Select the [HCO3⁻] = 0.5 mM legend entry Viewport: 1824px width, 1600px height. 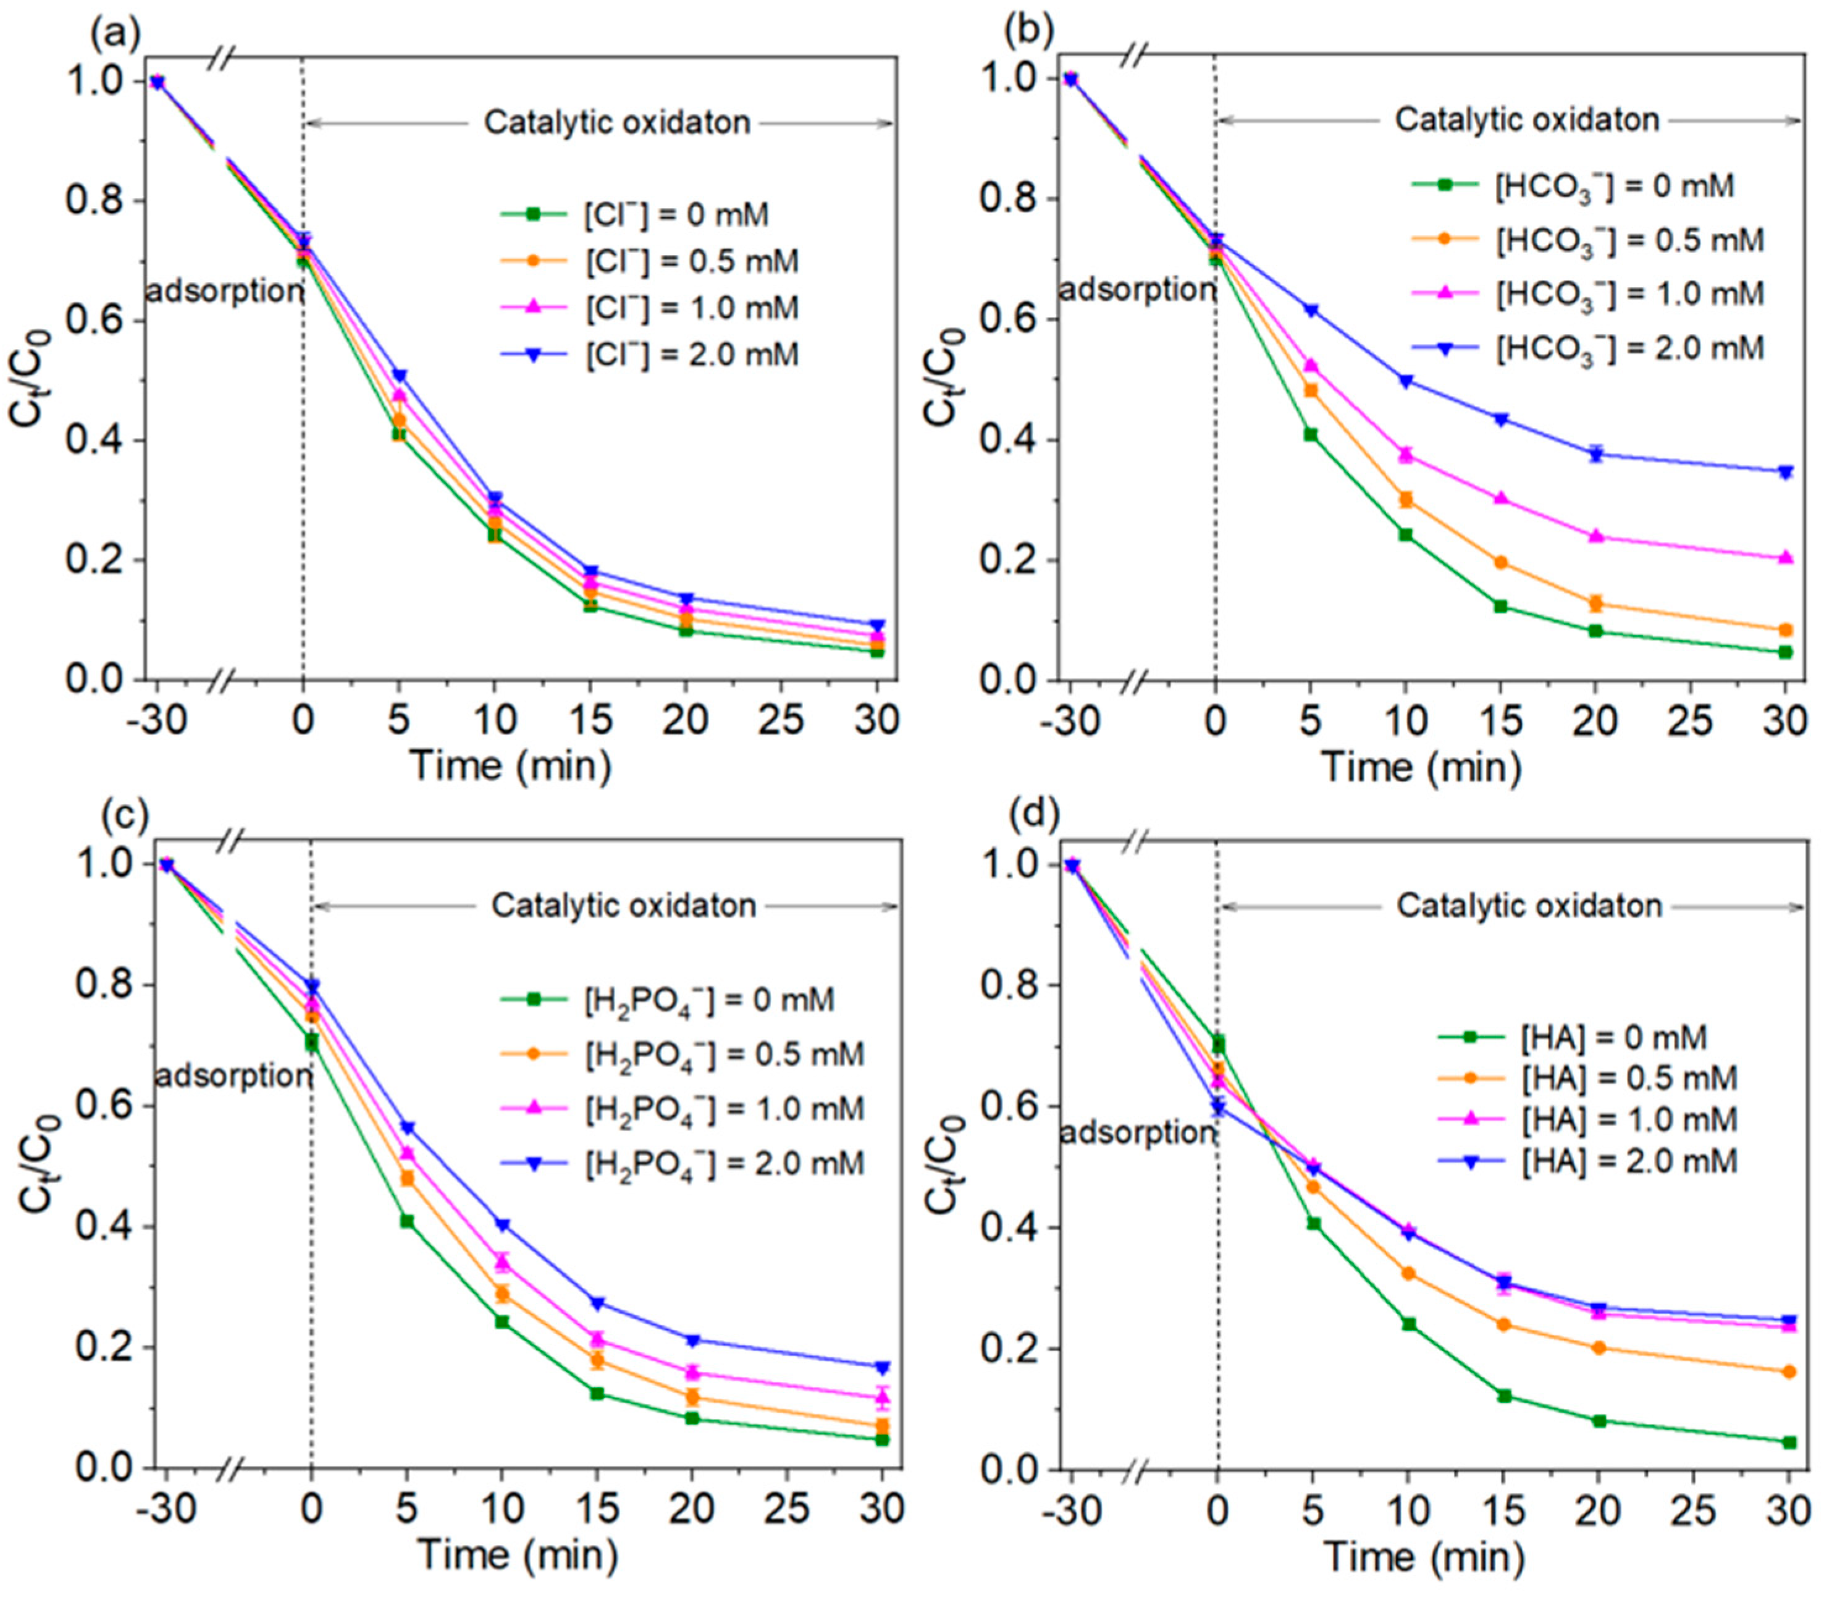coord(1629,240)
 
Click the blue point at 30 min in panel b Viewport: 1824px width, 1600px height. coord(1786,472)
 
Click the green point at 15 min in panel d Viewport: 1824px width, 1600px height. coord(1503,1396)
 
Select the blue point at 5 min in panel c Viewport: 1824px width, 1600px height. coord(407,1129)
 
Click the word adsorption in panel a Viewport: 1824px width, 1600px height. coord(224,291)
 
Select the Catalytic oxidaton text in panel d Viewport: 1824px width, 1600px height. coord(1529,907)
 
